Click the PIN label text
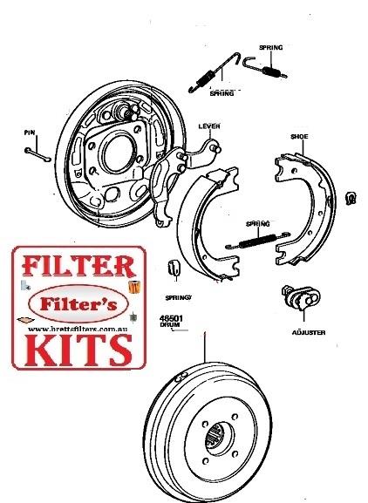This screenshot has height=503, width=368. click(29, 134)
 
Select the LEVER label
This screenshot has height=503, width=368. click(210, 127)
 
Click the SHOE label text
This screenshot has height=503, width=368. click(299, 138)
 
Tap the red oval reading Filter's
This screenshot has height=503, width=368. click(73, 303)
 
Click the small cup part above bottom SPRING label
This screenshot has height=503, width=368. click(172, 268)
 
